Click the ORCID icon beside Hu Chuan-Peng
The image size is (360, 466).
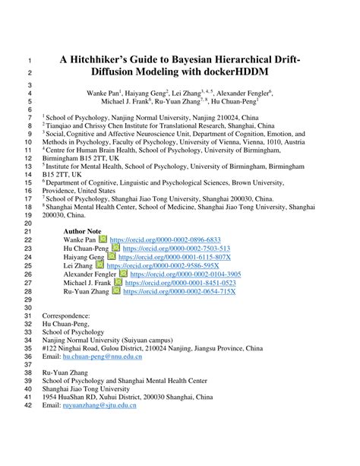115,248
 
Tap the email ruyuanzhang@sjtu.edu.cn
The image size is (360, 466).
99,406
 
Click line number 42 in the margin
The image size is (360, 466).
28,406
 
